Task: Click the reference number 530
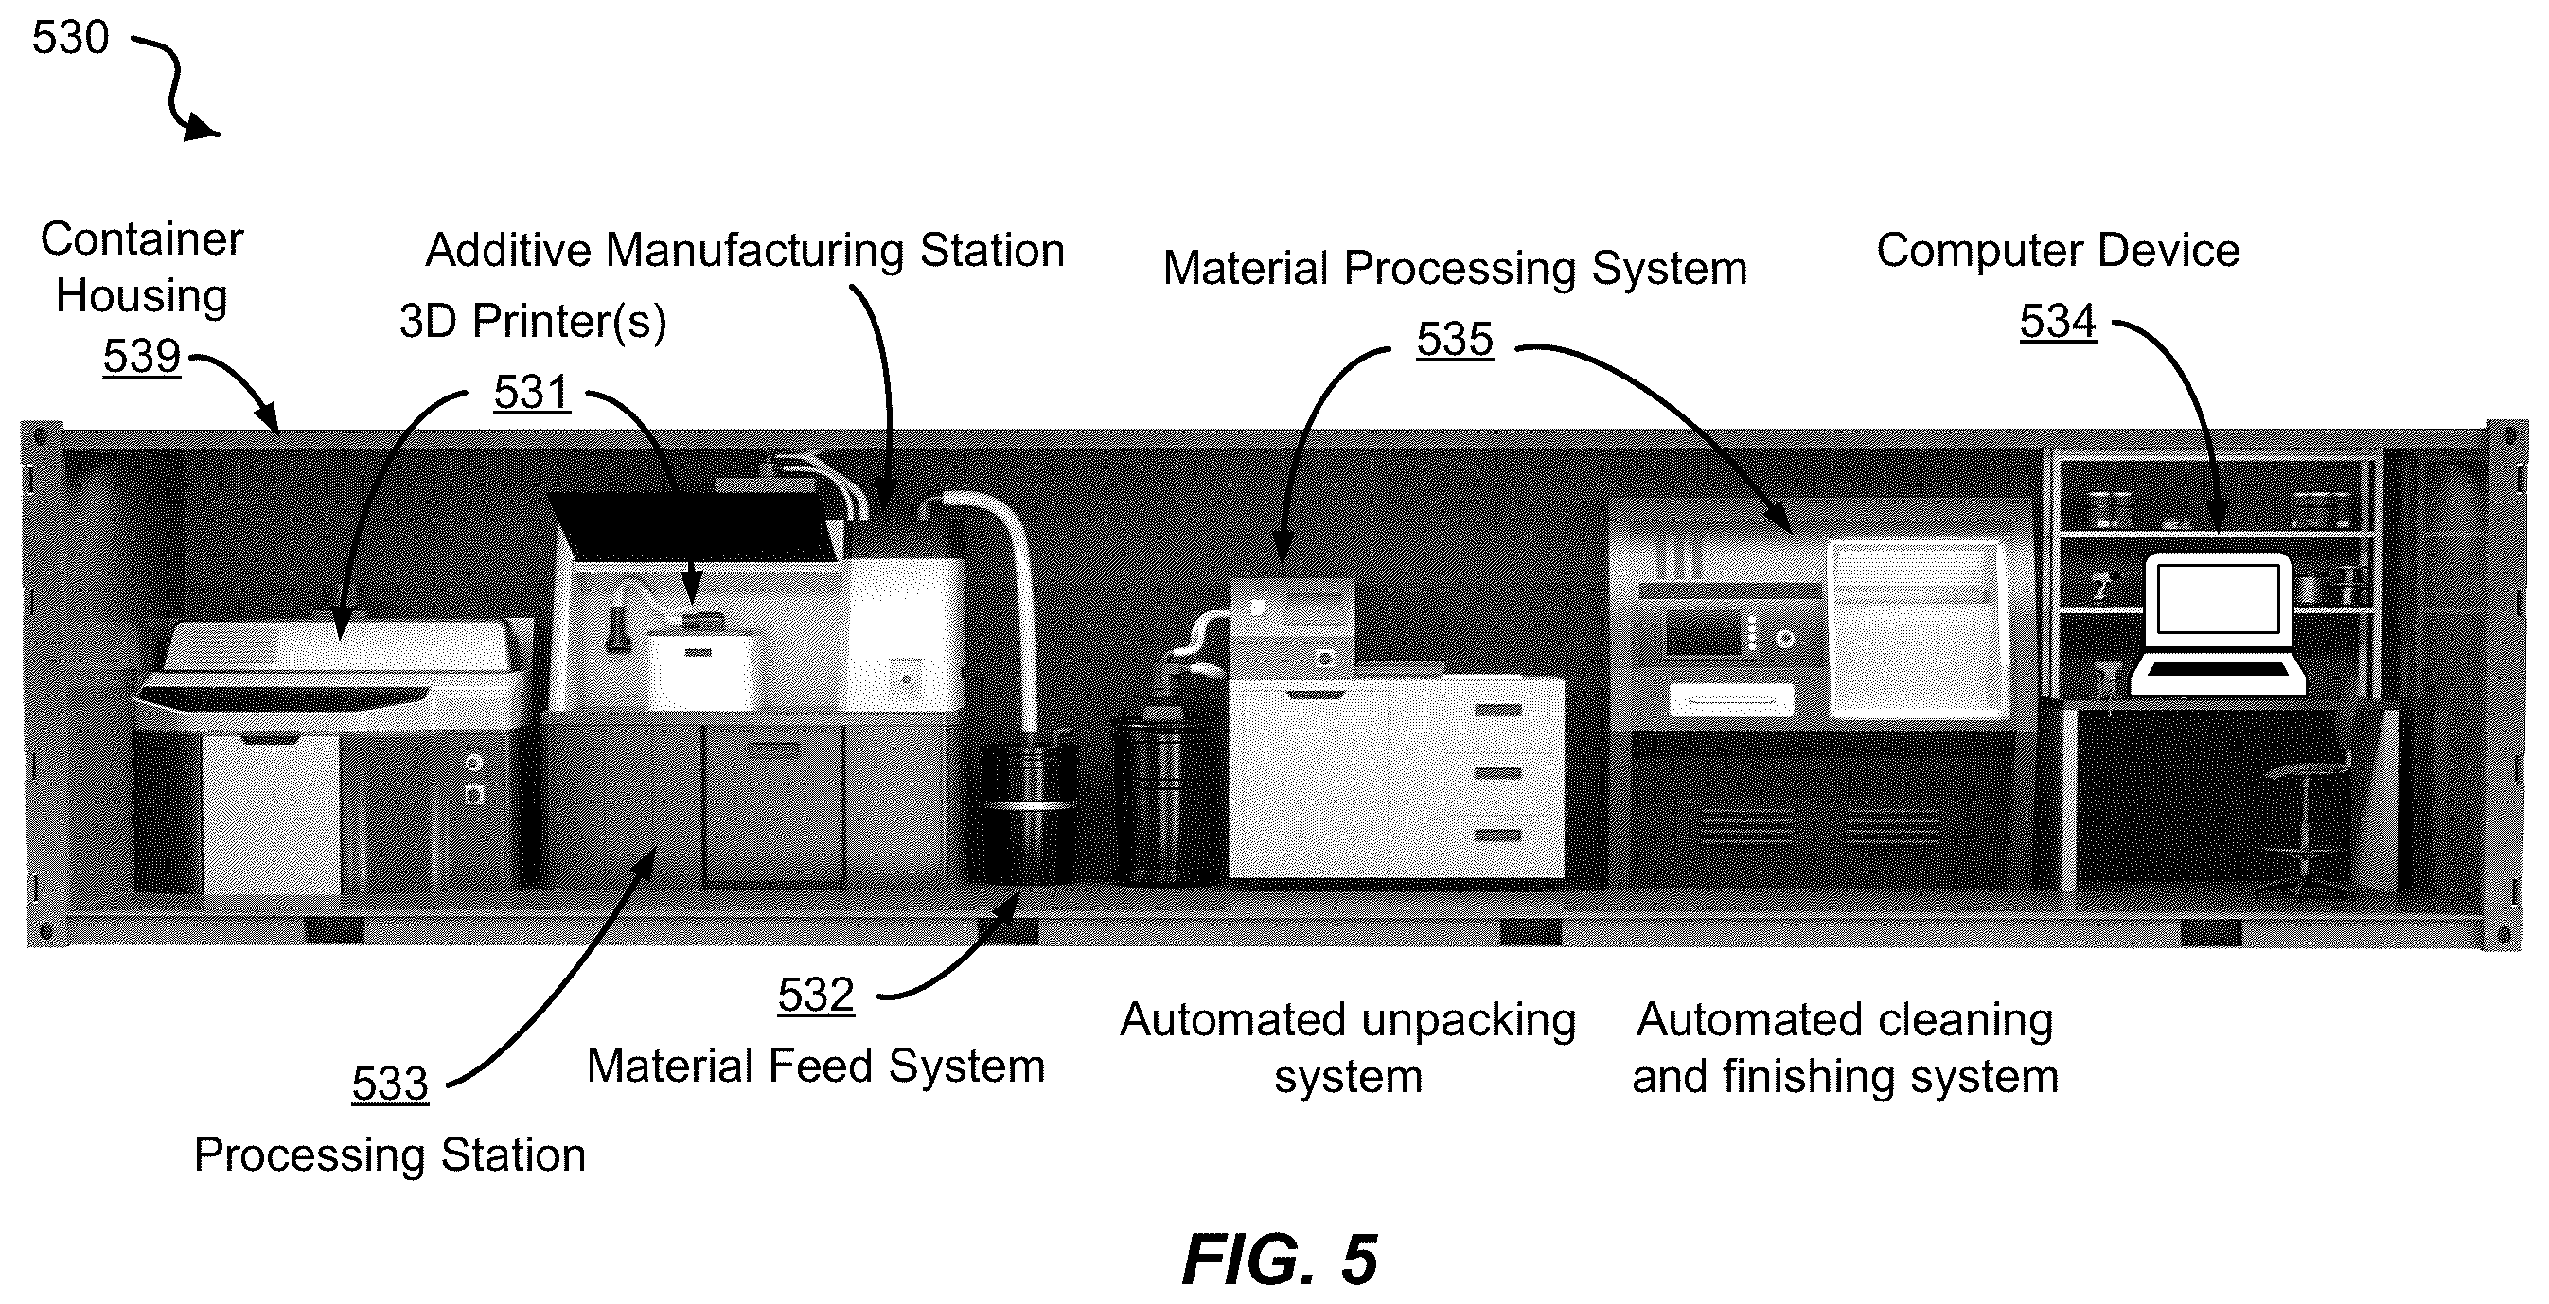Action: click(x=70, y=38)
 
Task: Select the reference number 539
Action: click(x=141, y=356)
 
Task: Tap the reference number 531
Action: click(x=532, y=393)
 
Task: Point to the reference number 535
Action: click(x=1455, y=340)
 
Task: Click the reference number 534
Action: click(x=2058, y=322)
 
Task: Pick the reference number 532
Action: click(x=815, y=996)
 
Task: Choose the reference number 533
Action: click(x=390, y=1084)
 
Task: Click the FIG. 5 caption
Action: click(x=1280, y=1260)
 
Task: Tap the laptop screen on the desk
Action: click(x=2219, y=600)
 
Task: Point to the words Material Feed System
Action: click(x=816, y=1066)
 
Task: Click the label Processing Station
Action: click(x=390, y=1155)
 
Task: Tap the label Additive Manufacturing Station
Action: click(x=745, y=251)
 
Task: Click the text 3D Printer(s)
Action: click(x=533, y=322)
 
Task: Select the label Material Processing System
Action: click(x=1455, y=269)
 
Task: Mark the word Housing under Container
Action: click(x=141, y=296)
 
